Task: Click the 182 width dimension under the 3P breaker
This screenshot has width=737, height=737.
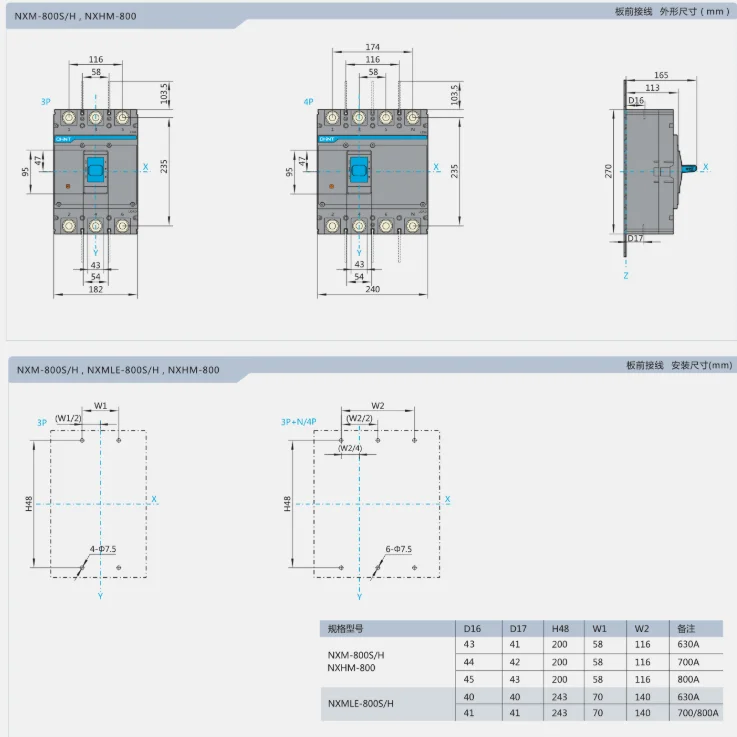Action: click(95, 289)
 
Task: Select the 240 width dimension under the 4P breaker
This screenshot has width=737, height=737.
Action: click(372, 289)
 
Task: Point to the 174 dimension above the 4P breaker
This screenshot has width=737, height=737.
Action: click(372, 47)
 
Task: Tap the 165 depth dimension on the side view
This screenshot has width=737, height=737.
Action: click(661, 75)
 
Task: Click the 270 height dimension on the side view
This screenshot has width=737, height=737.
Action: click(609, 171)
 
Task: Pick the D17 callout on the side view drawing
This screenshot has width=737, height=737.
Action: click(637, 238)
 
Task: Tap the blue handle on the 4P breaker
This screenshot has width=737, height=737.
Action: click(359, 169)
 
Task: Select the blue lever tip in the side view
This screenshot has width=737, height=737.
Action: click(690, 168)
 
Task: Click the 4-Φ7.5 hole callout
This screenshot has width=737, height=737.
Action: click(102, 549)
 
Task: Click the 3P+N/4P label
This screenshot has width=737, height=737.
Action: click(299, 422)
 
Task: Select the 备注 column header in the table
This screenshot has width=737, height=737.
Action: click(686, 628)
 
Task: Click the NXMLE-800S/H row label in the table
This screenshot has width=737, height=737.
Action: click(361, 704)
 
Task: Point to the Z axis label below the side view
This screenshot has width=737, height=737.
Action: click(625, 274)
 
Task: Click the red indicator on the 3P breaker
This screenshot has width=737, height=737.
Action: click(66, 186)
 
